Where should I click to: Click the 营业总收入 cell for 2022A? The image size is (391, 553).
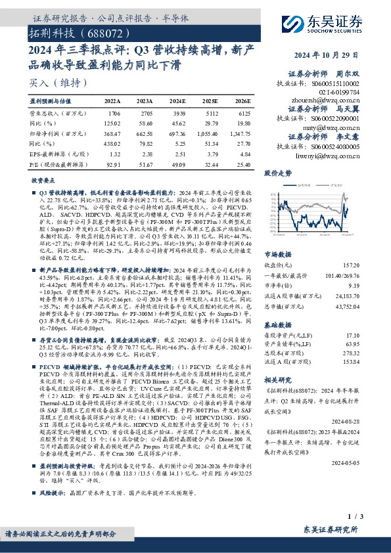click(113, 113)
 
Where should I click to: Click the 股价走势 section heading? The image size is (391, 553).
click(278, 174)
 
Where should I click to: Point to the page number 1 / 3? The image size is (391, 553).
click(373, 518)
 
